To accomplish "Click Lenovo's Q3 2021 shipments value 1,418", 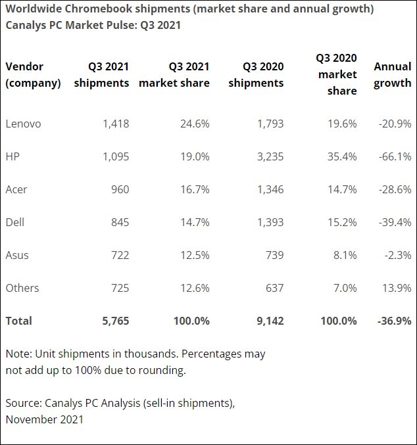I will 116,124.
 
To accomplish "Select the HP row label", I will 12,156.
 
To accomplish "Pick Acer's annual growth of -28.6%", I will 395,189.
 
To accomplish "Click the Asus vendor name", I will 17,255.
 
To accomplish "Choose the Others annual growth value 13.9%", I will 396,288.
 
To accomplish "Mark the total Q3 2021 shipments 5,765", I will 115,321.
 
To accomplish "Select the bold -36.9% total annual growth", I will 394,321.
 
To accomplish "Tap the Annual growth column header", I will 393,75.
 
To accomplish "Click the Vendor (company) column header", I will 33,75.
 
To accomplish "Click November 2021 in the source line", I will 45,419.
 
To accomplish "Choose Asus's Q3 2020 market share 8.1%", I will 345,255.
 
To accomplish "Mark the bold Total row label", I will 18,321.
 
